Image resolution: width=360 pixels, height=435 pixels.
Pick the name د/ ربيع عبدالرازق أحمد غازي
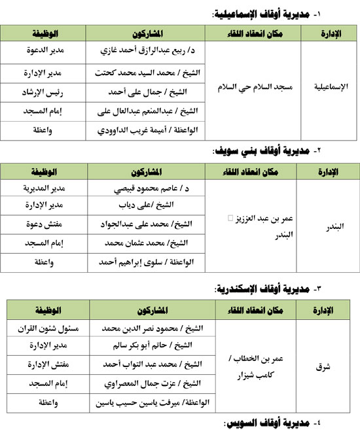(x=156, y=50)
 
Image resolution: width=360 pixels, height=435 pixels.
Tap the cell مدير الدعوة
(x=47, y=50)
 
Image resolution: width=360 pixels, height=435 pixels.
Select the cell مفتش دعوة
(x=47, y=224)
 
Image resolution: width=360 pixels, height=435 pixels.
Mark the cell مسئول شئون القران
(x=47, y=328)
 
